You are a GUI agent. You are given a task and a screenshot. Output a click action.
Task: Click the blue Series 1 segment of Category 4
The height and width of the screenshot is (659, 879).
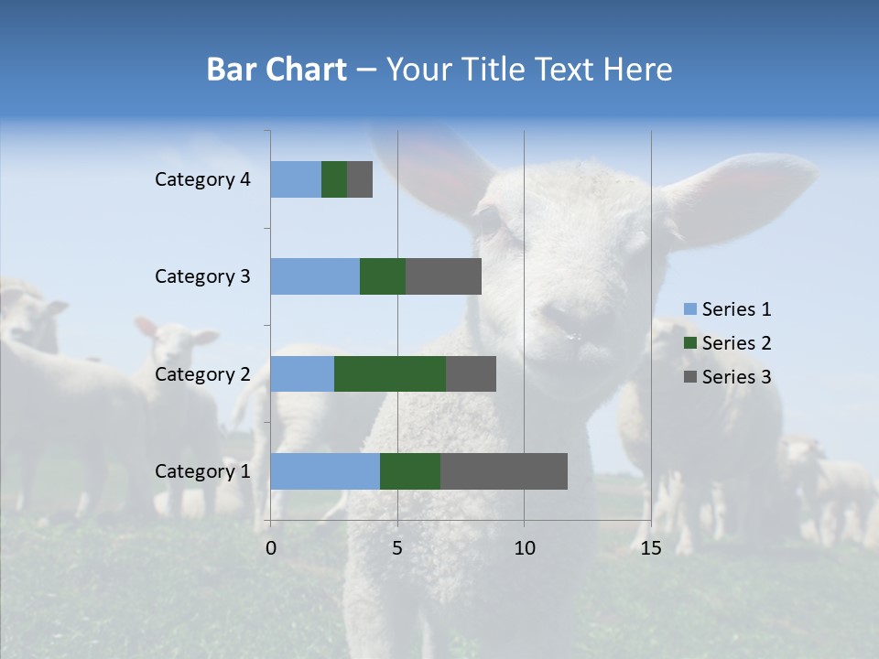(x=296, y=179)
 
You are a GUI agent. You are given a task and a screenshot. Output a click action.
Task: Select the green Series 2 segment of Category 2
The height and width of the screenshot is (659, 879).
(x=390, y=373)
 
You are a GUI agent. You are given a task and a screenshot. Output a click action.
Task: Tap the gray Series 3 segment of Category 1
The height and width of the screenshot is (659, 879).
(x=504, y=470)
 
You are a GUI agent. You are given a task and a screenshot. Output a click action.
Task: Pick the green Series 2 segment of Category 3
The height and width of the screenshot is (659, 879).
(x=383, y=276)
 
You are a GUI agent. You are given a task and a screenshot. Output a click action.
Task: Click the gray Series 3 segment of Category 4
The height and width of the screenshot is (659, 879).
(x=360, y=179)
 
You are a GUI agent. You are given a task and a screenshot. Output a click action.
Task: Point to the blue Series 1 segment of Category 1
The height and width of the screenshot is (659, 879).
(x=325, y=470)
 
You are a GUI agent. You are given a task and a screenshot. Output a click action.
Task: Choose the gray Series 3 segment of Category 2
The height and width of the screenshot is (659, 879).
(x=471, y=373)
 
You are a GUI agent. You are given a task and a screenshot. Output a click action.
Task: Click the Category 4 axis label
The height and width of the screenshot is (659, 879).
(x=202, y=179)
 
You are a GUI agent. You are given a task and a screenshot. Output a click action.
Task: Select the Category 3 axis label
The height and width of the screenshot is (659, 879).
(x=202, y=276)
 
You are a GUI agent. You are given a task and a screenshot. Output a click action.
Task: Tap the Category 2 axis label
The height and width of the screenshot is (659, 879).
(x=202, y=373)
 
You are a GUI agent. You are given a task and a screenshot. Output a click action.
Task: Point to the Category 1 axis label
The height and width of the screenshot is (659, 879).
(x=202, y=471)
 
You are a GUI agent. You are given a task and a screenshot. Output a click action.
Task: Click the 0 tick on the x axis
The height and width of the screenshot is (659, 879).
(x=271, y=548)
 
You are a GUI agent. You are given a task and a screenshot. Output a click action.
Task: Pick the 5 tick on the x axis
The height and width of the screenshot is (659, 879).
(x=397, y=548)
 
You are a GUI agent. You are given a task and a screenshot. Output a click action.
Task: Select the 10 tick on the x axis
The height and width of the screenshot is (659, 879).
(x=524, y=548)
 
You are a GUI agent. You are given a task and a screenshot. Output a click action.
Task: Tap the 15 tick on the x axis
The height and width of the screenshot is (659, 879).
(x=650, y=548)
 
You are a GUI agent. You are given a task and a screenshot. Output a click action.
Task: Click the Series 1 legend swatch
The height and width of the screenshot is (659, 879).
(x=689, y=309)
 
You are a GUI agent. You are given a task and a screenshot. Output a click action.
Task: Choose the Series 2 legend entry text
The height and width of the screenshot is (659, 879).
(x=736, y=343)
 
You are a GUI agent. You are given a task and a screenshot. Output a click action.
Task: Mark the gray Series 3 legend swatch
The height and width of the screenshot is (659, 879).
(x=689, y=377)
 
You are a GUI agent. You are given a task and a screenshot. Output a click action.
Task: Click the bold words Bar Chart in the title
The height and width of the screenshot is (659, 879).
(x=277, y=70)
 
